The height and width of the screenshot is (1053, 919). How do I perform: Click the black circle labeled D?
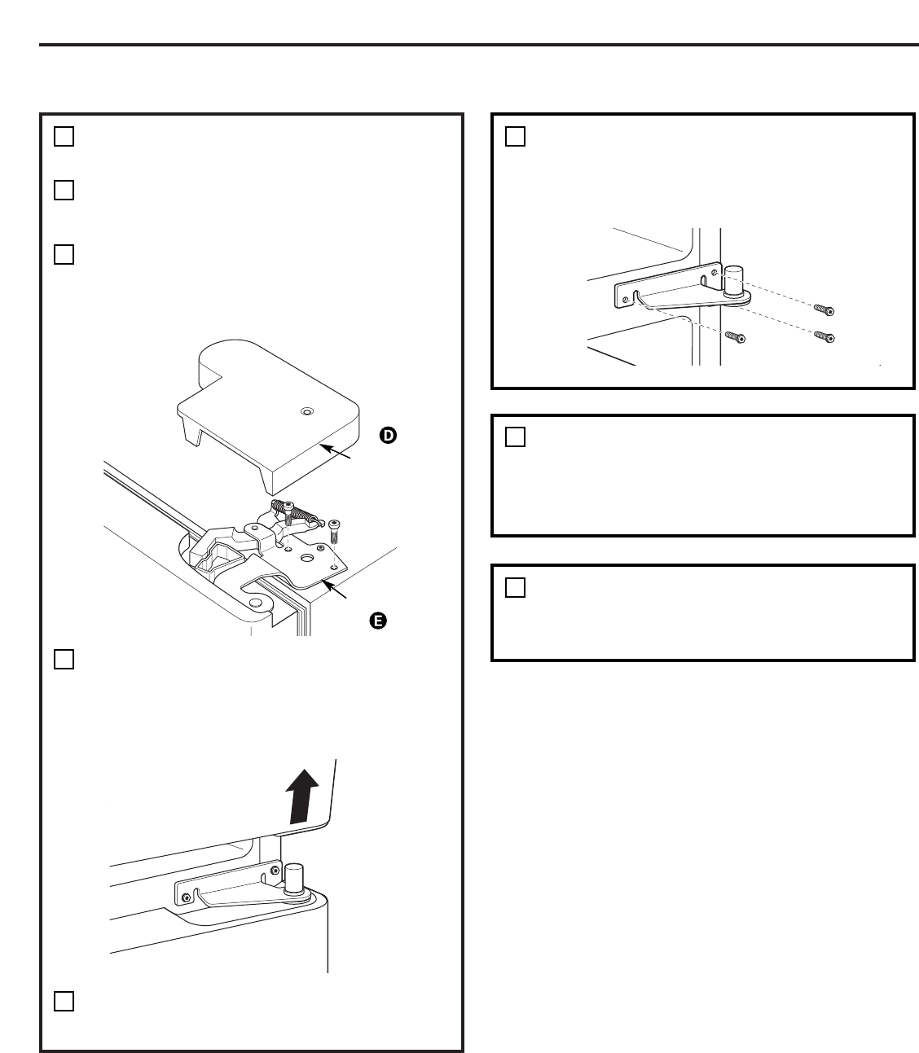pos(389,436)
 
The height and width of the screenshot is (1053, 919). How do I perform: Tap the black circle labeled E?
pos(377,621)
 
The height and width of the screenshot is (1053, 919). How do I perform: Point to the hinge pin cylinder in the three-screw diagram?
pos(733,281)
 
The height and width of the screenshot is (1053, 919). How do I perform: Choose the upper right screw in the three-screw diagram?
pos(824,310)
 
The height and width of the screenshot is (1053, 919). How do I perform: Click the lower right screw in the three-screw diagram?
pos(824,337)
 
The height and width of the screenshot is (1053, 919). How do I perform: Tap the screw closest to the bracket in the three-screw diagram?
pos(737,336)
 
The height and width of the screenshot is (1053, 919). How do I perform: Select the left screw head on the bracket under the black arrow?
pos(187,897)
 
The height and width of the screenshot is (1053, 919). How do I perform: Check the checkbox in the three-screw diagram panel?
pos(515,136)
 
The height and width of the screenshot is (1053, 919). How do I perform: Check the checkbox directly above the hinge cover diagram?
pos(64,254)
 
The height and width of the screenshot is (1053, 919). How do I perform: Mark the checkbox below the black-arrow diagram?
pos(64,1001)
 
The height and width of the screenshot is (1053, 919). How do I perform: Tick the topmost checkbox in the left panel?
pos(64,136)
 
